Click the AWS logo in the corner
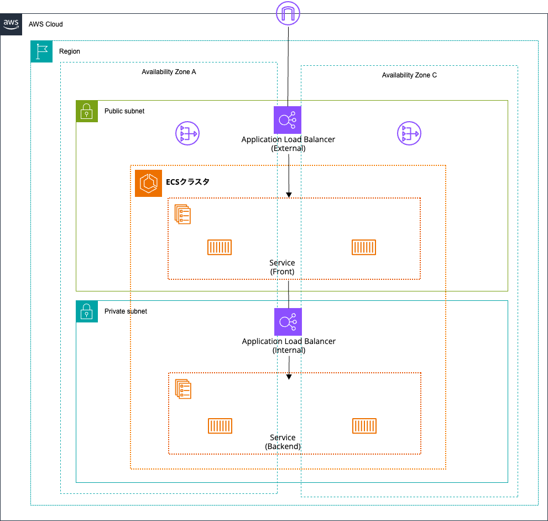(11, 24)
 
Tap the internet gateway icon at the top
(288, 13)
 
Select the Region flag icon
(41, 51)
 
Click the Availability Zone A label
(169, 72)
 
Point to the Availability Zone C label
(409, 75)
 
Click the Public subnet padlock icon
(87, 111)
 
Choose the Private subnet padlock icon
(87, 311)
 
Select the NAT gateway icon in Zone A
(187, 133)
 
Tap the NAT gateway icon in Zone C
(409, 133)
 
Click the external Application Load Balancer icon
(288, 120)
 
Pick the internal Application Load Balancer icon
(288, 321)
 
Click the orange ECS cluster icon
(148, 183)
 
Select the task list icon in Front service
(182, 214)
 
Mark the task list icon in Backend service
(183, 389)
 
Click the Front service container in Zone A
(220, 247)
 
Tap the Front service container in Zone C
(364, 247)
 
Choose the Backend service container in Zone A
(220, 425)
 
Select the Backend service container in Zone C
(364, 425)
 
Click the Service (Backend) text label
(283, 442)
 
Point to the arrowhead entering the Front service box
(289, 195)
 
